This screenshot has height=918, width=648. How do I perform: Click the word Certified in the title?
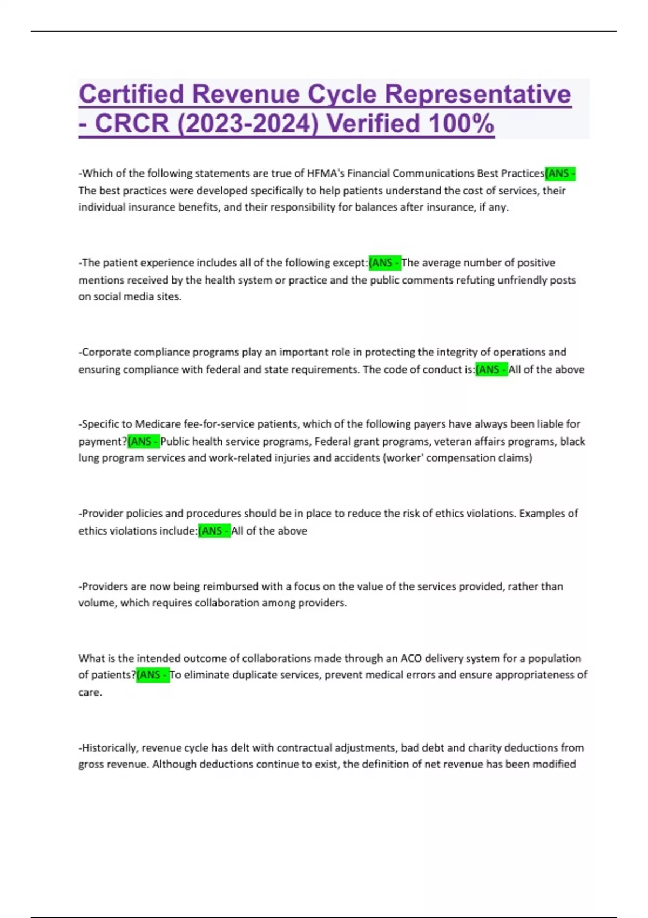(x=132, y=94)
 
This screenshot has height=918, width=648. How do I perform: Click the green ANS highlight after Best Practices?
(x=561, y=173)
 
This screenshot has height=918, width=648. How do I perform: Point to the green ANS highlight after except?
(x=384, y=263)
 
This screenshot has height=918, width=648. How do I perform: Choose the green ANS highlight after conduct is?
(x=491, y=369)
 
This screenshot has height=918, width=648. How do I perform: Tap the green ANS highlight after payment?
(x=144, y=441)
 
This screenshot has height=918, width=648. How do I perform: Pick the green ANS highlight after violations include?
(x=214, y=531)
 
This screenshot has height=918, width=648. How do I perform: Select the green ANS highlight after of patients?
(x=153, y=675)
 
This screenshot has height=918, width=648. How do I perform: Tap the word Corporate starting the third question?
(x=106, y=352)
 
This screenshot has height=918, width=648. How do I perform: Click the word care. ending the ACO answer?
(x=90, y=692)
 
